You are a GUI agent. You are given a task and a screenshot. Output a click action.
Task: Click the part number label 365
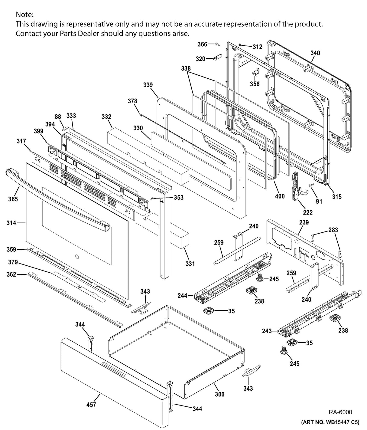point(13,199)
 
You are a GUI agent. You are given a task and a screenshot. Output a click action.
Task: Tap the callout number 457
point(91,405)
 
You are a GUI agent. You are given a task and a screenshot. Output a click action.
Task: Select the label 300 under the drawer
point(220,394)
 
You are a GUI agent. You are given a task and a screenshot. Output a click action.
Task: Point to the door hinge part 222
point(296,186)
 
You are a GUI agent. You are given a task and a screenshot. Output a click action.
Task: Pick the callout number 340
point(315,53)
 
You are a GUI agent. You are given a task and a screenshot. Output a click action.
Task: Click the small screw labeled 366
point(217,44)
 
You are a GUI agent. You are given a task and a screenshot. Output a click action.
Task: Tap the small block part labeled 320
point(218,57)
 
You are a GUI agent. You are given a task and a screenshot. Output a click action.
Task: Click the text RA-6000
point(340,412)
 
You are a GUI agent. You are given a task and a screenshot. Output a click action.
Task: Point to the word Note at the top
point(24,15)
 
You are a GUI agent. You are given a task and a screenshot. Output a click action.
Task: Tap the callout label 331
point(190,264)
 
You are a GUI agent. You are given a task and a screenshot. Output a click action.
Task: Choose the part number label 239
point(304,222)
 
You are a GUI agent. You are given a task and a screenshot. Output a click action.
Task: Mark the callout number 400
point(280,196)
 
